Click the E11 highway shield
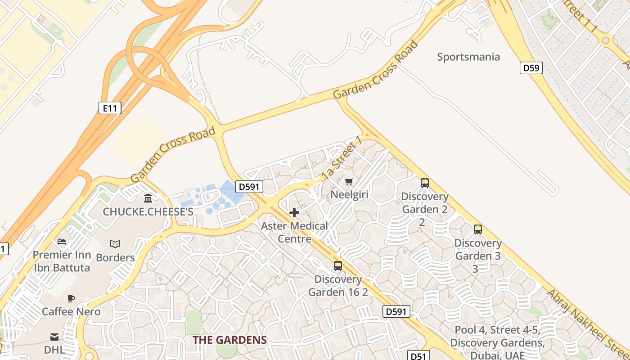110,108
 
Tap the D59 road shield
531,68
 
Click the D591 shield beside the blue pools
249,187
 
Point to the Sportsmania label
468,57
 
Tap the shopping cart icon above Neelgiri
349,182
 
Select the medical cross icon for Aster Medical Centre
294,212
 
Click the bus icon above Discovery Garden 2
424,183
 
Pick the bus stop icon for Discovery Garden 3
477,229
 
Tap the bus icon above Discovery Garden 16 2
337,266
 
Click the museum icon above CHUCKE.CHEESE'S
148,198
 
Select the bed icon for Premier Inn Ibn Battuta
62,242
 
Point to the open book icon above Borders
115,244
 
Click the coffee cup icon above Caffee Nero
71,298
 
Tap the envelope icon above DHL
54,337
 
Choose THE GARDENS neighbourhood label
229,340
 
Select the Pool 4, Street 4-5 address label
496,342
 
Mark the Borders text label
115,258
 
